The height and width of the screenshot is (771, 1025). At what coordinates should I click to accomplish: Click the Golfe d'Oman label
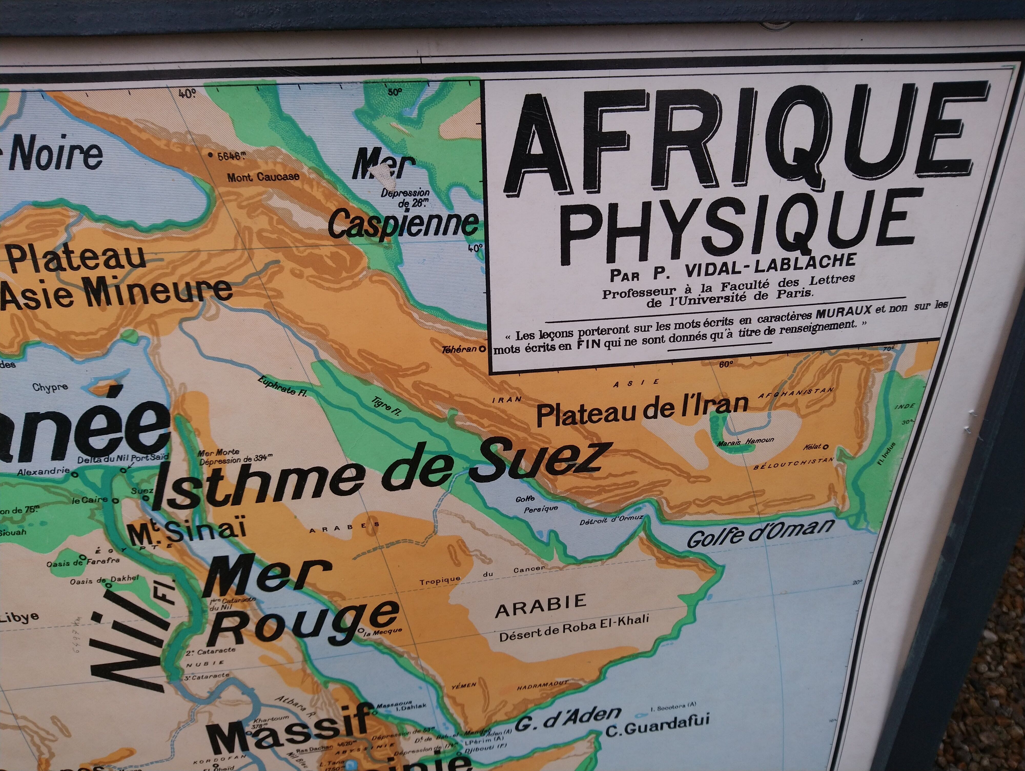(760, 533)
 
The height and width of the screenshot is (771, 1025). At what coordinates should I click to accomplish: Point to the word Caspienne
(403, 224)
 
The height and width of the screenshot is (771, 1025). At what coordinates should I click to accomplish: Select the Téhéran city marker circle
(482, 349)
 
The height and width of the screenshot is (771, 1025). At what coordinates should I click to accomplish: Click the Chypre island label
(50, 387)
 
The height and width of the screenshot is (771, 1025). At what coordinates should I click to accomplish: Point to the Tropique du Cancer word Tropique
(440, 581)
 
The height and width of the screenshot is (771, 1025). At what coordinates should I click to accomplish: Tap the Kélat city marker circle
(825, 447)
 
